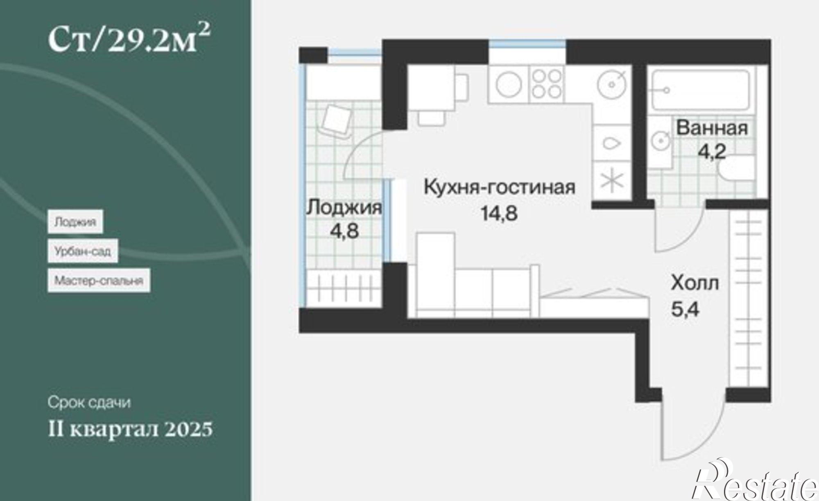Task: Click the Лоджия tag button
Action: coord(75,222)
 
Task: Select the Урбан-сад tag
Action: coord(83,251)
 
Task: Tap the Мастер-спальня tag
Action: coord(99,281)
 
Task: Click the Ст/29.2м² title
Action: coord(129,39)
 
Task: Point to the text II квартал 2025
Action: coord(130,429)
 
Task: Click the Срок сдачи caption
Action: coord(89,402)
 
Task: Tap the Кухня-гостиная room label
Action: coord(499,188)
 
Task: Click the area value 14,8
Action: coord(499,213)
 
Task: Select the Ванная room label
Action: coord(712,128)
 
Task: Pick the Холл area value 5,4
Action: coord(685,309)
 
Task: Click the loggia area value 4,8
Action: coord(344,231)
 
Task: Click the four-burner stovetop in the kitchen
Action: coord(547,84)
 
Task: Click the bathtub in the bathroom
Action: coord(700,90)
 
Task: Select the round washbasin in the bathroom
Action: coord(660,141)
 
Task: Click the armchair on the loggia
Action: coord(337,119)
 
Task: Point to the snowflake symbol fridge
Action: coord(611,181)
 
